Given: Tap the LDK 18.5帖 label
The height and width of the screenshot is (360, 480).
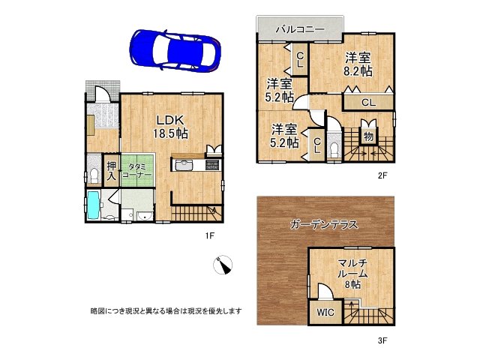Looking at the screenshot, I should click(172, 127).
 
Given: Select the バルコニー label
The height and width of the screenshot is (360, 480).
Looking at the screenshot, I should click(299, 28).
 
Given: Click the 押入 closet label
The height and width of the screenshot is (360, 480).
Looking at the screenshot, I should click(111, 170).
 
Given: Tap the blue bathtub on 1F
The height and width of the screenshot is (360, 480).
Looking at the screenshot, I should click(94, 204).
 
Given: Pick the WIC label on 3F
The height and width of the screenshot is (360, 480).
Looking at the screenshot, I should click(325, 311).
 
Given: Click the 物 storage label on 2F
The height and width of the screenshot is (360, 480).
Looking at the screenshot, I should click(367, 137).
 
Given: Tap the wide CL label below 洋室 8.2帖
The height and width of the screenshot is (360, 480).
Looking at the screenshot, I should click(368, 103).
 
